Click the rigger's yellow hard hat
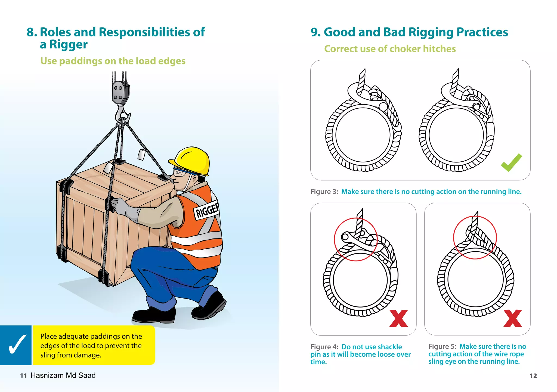click(x=192, y=160)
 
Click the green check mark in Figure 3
click(x=511, y=163)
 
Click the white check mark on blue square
click(x=17, y=344)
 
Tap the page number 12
click(x=533, y=376)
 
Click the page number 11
click(x=23, y=376)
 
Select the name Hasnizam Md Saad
click(x=63, y=375)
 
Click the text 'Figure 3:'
click(x=324, y=192)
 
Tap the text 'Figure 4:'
click(x=324, y=347)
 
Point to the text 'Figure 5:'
click(x=442, y=347)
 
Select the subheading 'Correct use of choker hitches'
click(x=390, y=49)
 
